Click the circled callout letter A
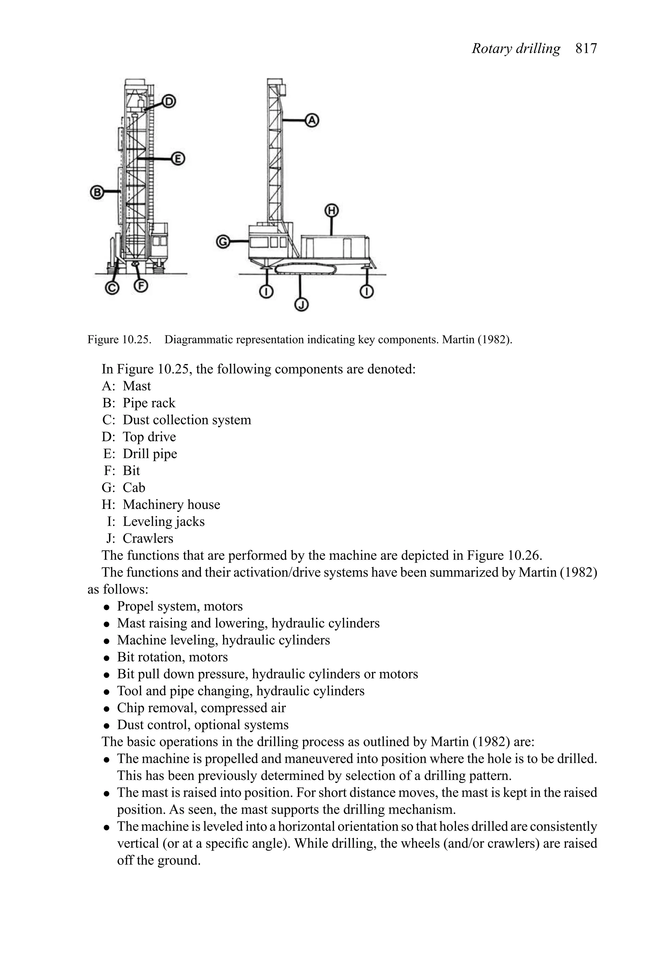[x=311, y=120]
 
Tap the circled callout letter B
[x=97, y=192]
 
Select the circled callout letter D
[x=169, y=101]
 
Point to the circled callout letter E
[x=178, y=159]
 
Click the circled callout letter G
[x=223, y=242]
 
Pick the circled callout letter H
[x=331, y=211]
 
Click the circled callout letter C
[x=112, y=288]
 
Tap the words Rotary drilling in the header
[x=516, y=49]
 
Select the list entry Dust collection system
[x=187, y=420]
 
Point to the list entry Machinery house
[x=171, y=504]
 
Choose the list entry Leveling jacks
[x=163, y=522]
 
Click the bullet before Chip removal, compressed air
[x=107, y=709]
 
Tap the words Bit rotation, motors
[x=172, y=657]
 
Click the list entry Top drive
[x=149, y=437]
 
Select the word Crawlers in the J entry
[x=148, y=538]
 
